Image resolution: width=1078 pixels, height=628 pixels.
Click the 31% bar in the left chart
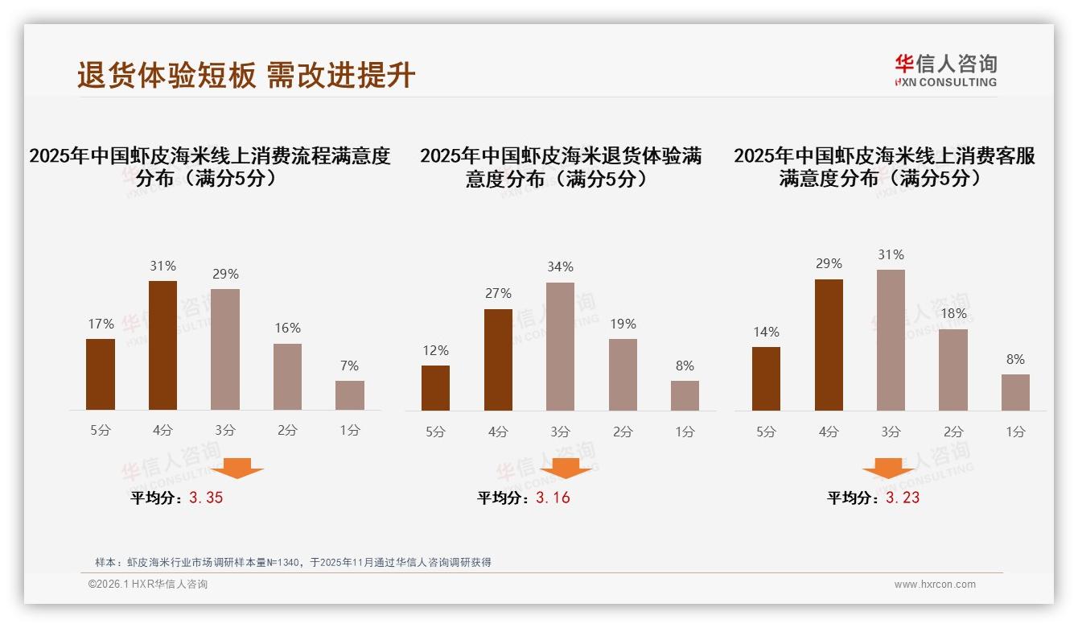pyautogui.click(x=163, y=345)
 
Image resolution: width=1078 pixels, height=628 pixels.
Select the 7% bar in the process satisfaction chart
pyautogui.click(x=350, y=395)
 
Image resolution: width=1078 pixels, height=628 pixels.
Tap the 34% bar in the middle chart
pyautogui.click(x=560, y=346)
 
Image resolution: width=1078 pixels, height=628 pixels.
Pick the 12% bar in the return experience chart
pyautogui.click(x=435, y=388)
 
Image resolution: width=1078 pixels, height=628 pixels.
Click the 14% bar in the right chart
pyautogui.click(x=766, y=378)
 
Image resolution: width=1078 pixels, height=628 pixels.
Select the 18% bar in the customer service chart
pyautogui.click(x=953, y=370)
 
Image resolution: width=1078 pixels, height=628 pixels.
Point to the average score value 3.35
pyautogui.click(x=206, y=498)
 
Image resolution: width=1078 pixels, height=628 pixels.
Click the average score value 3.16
pyautogui.click(x=553, y=498)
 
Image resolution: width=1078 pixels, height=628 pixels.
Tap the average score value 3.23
pyautogui.click(x=903, y=498)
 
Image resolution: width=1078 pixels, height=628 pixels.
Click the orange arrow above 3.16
pyautogui.click(x=566, y=469)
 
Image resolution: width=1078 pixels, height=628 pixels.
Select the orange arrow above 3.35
pyautogui.click(x=237, y=469)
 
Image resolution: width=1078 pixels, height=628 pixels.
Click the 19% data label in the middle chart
pyautogui.click(x=623, y=324)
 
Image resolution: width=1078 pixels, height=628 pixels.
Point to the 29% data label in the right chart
pyautogui.click(x=829, y=263)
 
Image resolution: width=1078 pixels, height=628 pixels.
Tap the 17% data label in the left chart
pyautogui.click(x=101, y=324)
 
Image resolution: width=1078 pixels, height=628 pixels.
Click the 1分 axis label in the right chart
pyautogui.click(x=1015, y=432)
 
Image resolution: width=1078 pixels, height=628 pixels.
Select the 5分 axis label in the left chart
pyautogui.click(x=101, y=430)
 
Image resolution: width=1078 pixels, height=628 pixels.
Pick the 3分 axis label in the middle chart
pyautogui.click(x=560, y=432)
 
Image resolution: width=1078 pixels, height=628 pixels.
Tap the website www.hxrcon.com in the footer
pyautogui.click(x=935, y=585)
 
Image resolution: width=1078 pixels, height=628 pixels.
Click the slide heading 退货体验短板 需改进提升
pyautogui.click(x=246, y=75)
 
